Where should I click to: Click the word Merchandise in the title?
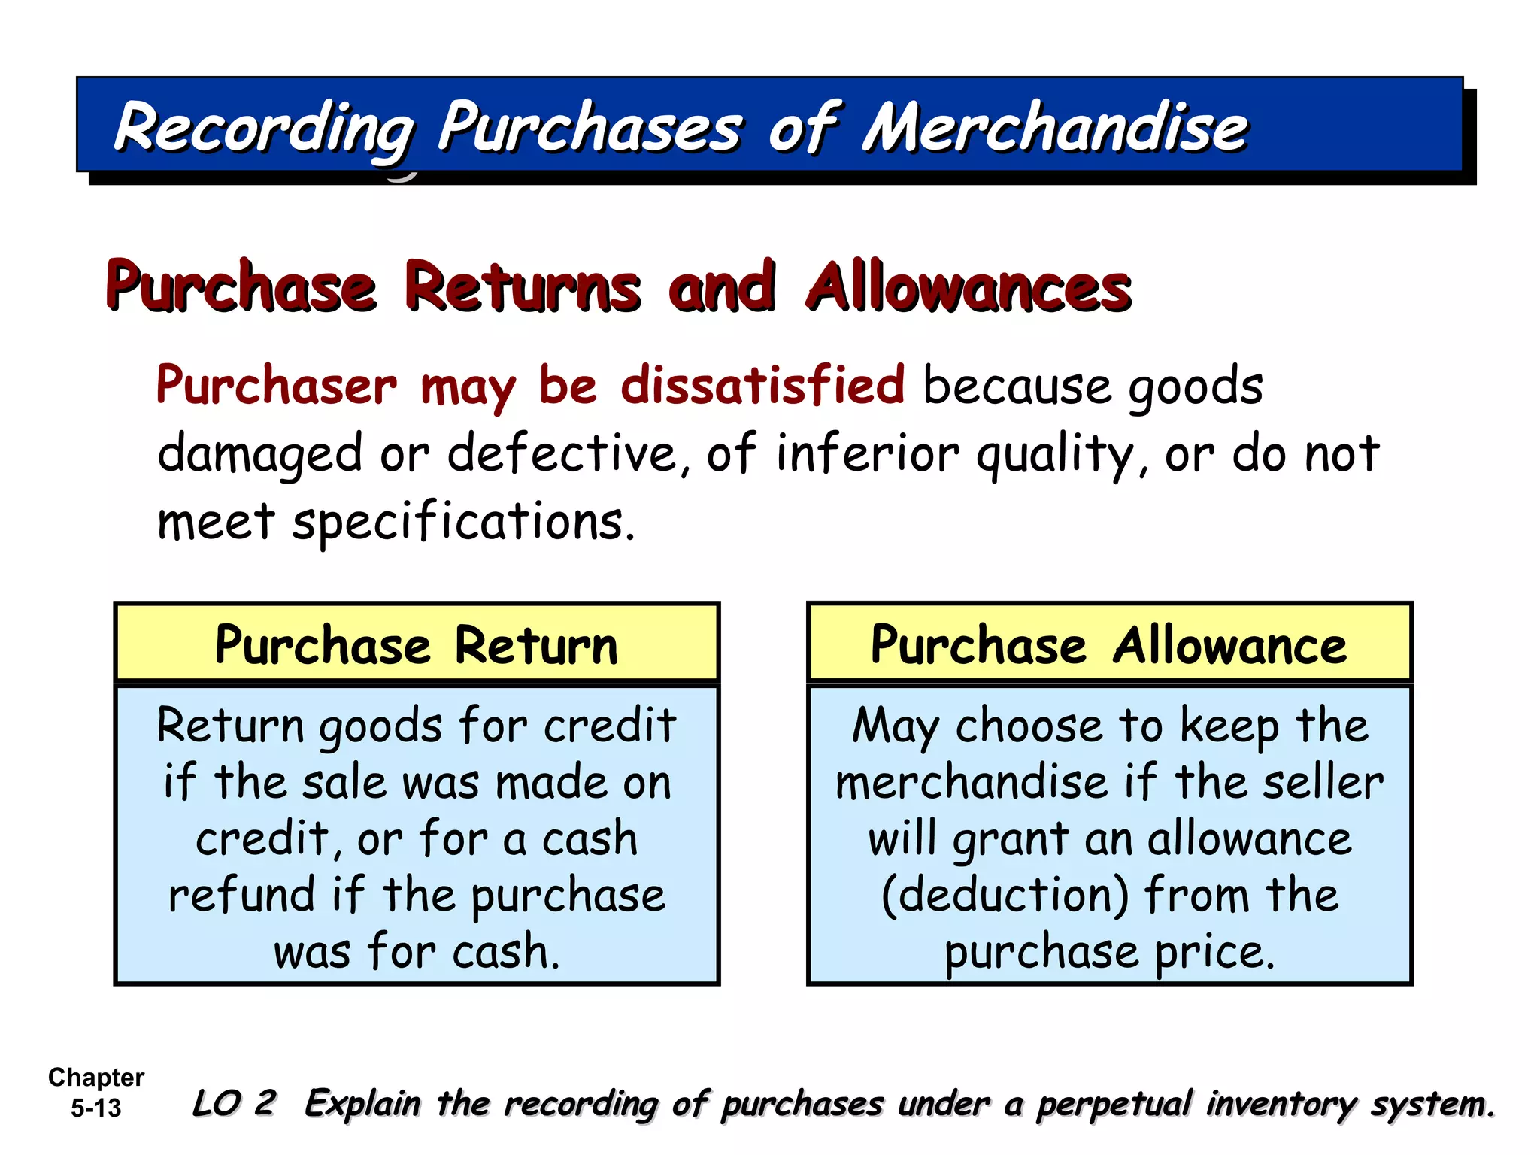point(1055,128)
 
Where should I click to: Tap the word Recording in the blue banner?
point(263,128)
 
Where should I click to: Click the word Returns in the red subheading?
point(523,287)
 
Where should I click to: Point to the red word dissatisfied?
point(762,386)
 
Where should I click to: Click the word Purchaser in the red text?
point(277,387)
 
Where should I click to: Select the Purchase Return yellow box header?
point(417,645)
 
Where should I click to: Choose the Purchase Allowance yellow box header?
point(1109,645)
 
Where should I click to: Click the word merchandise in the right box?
point(972,783)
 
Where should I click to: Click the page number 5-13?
point(95,1108)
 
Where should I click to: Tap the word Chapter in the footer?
point(95,1078)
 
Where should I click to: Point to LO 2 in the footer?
point(234,1104)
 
